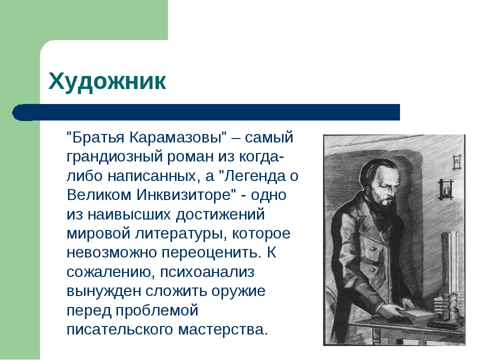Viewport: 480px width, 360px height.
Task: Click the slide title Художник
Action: pyautogui.click(x=107, y=81)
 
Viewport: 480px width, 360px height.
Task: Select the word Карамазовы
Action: pyautogui.click(x=175, y=138)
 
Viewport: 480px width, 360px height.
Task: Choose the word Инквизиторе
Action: pyautogui.click(x=183, y=195)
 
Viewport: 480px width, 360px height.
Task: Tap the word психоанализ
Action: pyautogui.click(x=207, y=272)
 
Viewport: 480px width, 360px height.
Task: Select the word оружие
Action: pyautogui.click(x=238, y=291)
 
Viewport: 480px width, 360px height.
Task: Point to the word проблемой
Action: pyautogui.click(x=157, y=310)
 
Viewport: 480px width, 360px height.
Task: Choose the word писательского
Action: pyautogui.click(x=120, y=329)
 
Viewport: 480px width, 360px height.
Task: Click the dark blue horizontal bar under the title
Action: pyautogui.click(x=206, y=112)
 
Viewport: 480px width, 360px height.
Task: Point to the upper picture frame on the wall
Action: pyautogui.click(x=456, y=161)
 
